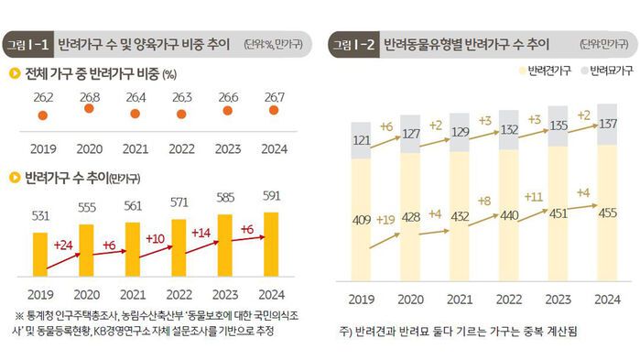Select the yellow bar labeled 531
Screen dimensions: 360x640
pos(41,259)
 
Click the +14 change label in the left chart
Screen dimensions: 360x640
pos(204,233)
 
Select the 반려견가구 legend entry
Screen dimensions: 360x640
pos(546,71)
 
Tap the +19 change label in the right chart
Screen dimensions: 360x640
pos(385,219)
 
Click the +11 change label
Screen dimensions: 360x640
pos(534,195)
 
